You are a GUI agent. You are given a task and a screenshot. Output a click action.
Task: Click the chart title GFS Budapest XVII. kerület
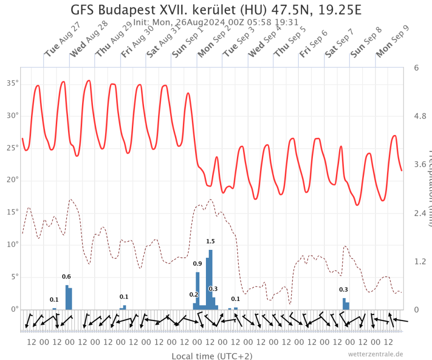[216, 10]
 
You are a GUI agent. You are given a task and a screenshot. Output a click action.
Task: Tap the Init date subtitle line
[216, 22]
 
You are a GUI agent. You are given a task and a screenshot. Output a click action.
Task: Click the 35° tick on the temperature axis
[12, 83]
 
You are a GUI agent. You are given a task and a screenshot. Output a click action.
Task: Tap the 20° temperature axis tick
[12, 180]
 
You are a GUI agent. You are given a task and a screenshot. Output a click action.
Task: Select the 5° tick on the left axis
[14, 277]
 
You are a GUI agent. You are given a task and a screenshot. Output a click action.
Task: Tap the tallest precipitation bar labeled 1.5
[211, 279]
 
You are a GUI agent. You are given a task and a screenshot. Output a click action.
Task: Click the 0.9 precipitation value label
[197, 264]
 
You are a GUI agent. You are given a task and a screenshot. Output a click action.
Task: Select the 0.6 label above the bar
[66, 277]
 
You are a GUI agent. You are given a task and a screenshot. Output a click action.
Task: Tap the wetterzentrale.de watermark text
[375, 354]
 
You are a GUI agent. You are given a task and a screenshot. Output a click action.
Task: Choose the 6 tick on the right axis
[416, 67]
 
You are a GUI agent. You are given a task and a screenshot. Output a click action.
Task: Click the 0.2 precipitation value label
[194, 294]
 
